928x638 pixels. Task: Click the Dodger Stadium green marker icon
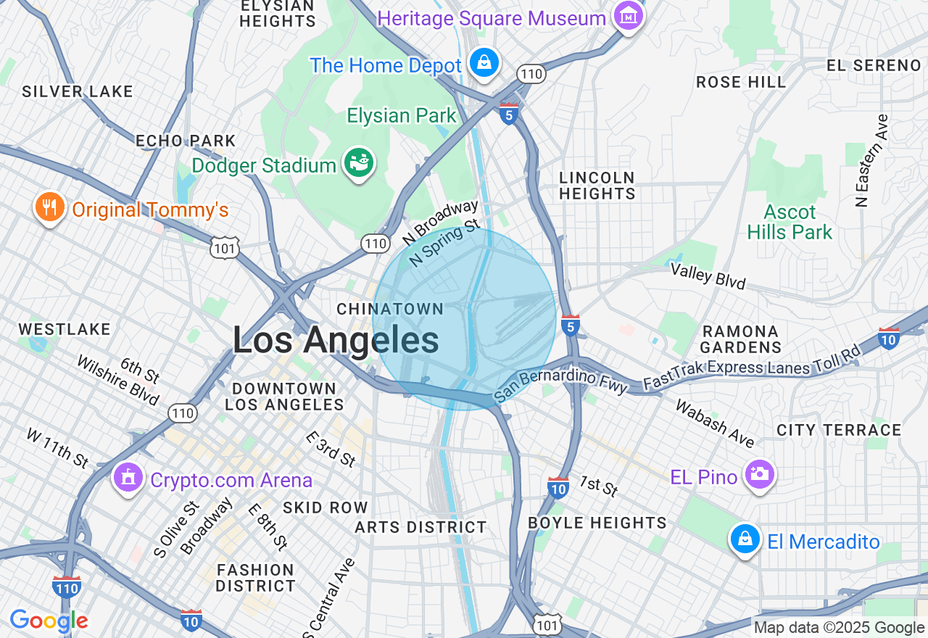[x=357, y=164]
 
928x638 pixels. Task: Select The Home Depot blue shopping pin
[x=484, y=63]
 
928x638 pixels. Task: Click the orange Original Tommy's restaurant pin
[x=49, y=208]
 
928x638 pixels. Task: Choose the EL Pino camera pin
[x=759, y=475]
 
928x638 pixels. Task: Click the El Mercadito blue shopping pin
[x=745, y=539]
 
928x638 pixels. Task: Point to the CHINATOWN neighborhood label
[x=390, y=309]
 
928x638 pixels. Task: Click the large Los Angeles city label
[x=336, y=340]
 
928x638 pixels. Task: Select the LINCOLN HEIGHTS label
[x=597, y=186]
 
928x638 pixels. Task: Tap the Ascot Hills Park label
[x=790, y=222]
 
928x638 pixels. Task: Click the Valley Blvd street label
[x=708, y=275]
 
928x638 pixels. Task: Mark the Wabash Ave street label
[x=714, y=423]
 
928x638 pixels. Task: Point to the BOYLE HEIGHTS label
[x=597, y=523]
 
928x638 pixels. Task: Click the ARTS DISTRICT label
[x=420, y=527]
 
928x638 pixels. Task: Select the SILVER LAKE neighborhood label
[x=78, y=91]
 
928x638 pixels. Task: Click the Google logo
[x=49, y=621]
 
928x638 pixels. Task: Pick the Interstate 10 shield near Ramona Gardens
[x=888, y=338]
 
